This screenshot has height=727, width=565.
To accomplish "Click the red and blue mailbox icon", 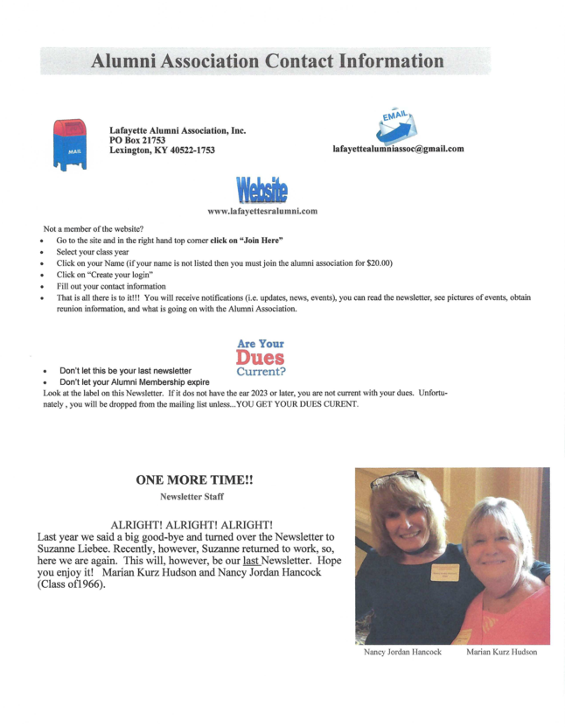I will (x=70, y=143).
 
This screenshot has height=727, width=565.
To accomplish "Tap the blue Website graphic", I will (x=261, y=190).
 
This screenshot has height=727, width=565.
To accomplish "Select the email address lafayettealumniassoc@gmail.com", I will (x=398, y=149).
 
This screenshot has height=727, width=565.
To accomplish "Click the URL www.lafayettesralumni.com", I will (x=262, y=211).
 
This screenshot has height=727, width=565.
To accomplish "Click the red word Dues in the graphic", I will (x=260, y=358).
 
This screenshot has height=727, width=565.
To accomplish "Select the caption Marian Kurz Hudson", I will (x=501, y=653).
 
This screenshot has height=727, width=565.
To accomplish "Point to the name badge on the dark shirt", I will (x=444, y=572).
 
